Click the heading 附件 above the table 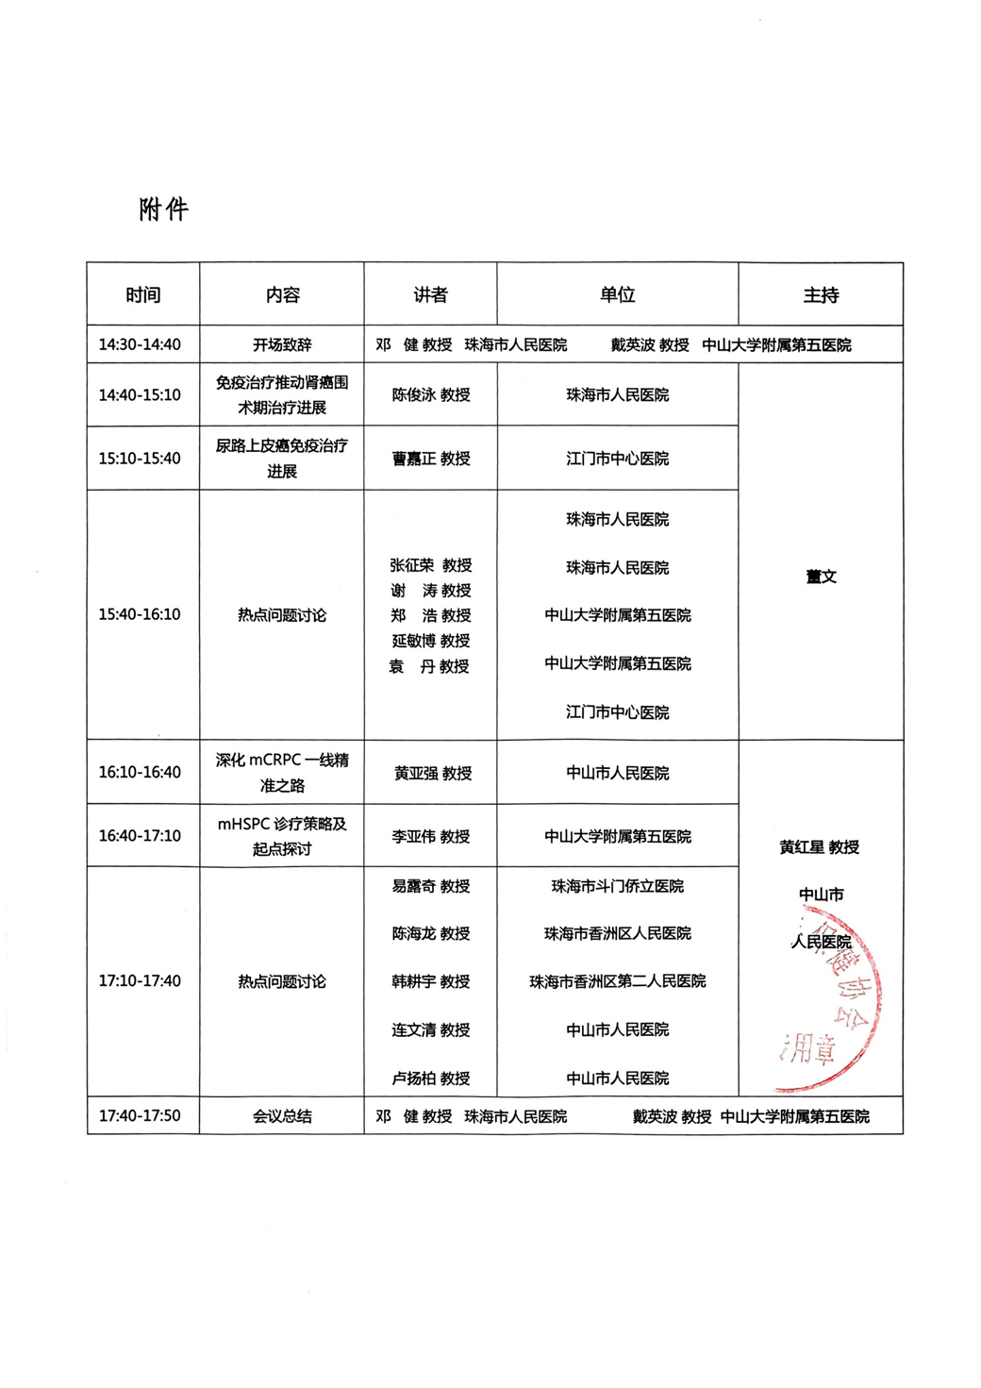coord(164,209)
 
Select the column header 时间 coord(143,295)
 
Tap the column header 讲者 coord(430,295)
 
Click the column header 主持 coord(821,295)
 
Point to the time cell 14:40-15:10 coord(140,395)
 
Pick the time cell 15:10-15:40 coord(140,459)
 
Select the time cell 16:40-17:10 coord(140,836)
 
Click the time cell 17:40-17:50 coord(140,1115)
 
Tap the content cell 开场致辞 coord(282,345)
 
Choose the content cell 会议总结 coord(282,1116)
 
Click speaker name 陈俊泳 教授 coord(431,395)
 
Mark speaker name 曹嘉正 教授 coord(431,459)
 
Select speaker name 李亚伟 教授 coord(431,837)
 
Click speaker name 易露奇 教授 coord(431,887)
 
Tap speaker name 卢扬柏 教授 coord(431,1079)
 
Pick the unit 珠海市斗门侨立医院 coord(618,887)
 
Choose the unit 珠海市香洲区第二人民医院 coord(618,982)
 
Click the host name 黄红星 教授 coord(820,847)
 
